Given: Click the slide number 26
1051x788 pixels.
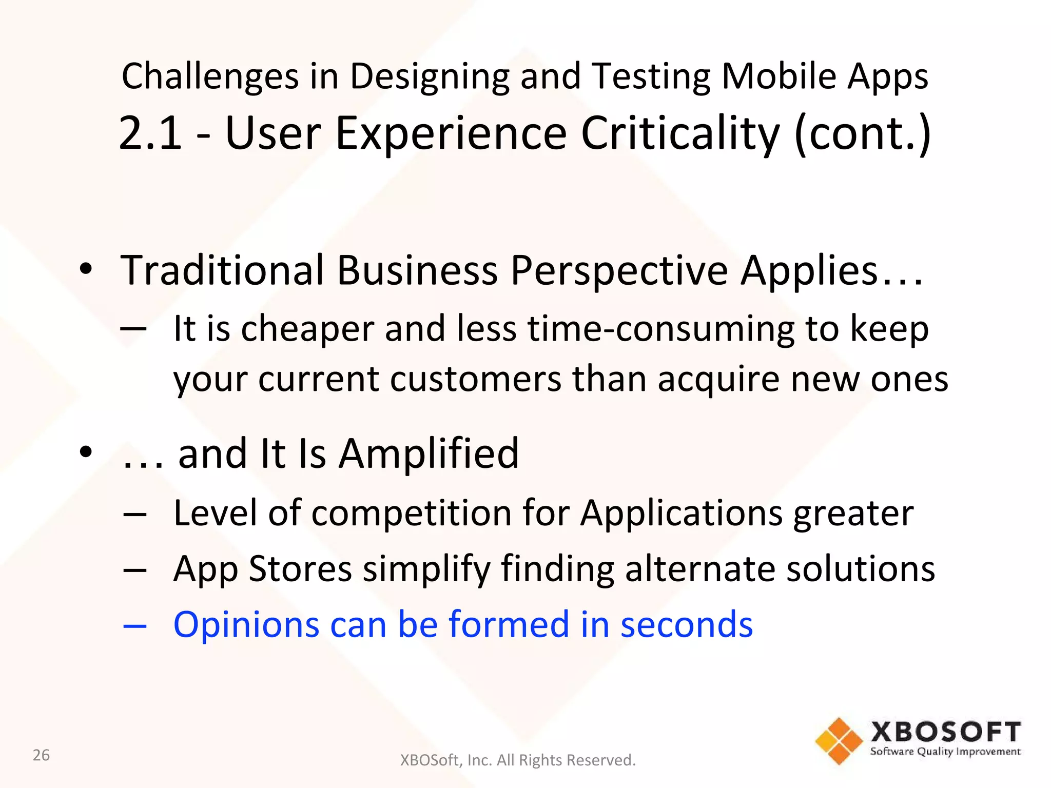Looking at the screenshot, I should click(x=41, y=755).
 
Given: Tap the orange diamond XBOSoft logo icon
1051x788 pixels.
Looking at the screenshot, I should click(x=839, y=741).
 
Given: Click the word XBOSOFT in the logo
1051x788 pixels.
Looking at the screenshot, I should click(x=945, y=732).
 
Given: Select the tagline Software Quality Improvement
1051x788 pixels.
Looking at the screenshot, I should click(x=945, y=752).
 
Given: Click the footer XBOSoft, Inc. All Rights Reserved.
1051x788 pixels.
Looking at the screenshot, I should click(x=518, y=760).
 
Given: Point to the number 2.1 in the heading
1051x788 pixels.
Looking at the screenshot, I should click(x=150, y=133).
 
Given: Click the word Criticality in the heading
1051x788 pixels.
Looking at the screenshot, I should click(x=680, y=133).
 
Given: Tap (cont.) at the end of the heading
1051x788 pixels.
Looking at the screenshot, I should click(x=862, y=133).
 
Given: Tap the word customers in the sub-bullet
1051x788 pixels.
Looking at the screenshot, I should click(x=476, y=379).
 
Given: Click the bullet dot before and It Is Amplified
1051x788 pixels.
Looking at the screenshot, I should click(x=86, y=452).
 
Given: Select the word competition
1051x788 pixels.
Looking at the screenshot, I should click(x=411, y=513).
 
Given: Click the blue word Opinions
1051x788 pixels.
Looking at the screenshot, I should click(x=246, y=625).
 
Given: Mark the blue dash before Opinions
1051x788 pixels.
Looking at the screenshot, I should click(x=135, y=626).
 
